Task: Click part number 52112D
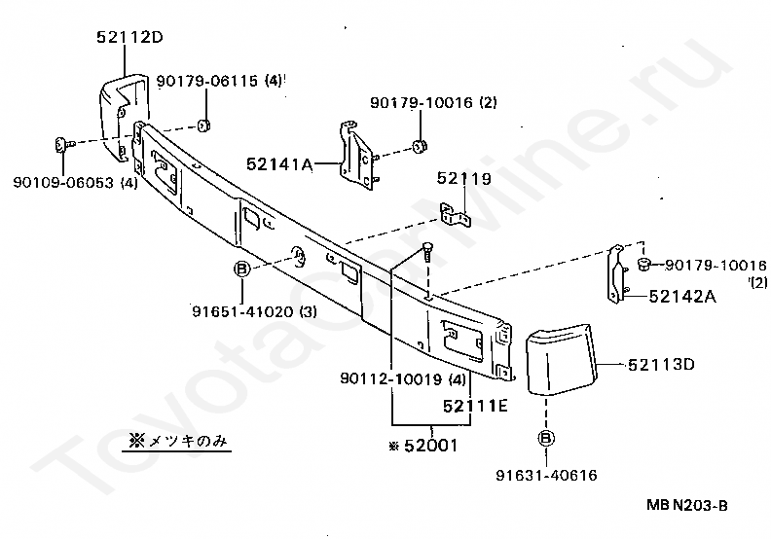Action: pos(129,38)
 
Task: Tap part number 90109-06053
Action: pos(75,182)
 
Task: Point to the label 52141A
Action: pos(279,165)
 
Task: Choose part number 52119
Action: pos(463,178)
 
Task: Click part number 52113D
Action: pos(661,365)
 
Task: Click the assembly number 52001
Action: pos(427,446)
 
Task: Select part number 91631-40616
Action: pos(546,476)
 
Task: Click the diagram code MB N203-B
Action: pos(685,505)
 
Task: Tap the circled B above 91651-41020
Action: pos(242,269)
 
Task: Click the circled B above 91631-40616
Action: pos(546,438)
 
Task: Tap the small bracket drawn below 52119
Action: pos(455,216)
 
